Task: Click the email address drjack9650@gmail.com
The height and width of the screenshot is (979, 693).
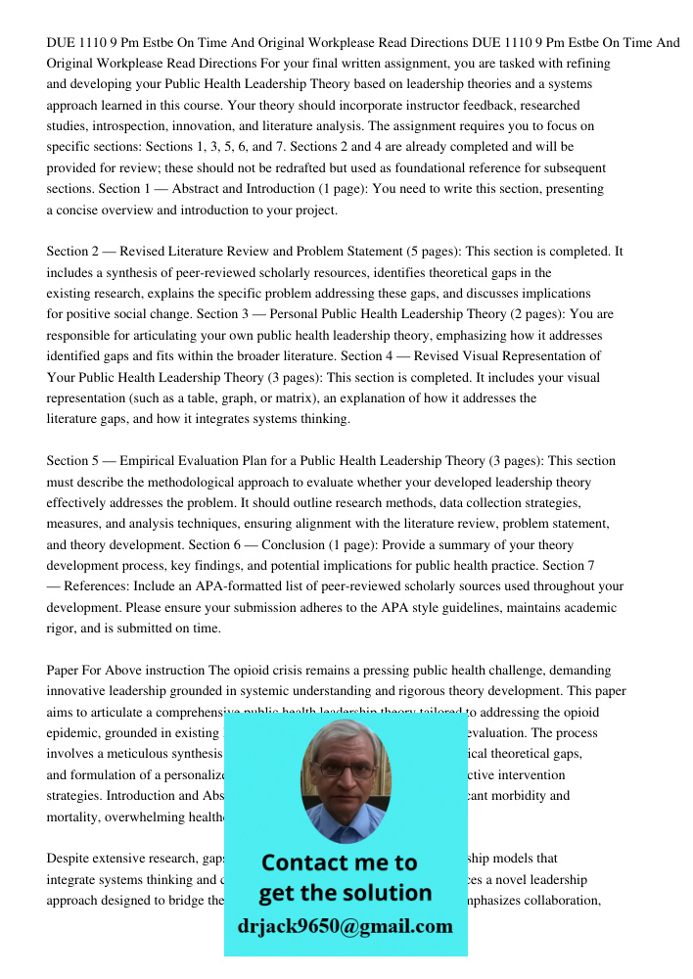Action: (x=345, y=926)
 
